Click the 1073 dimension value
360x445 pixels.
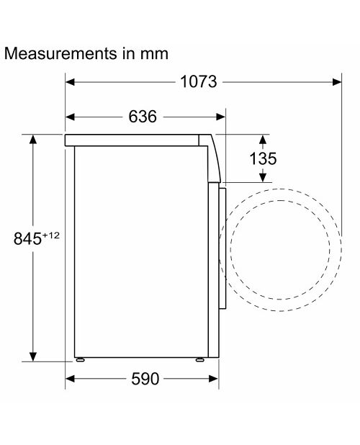(199, 82)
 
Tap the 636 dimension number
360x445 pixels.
(143, 117)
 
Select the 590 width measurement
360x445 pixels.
(145, 379)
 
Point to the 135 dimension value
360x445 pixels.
(263, 158)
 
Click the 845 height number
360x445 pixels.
(27, 238)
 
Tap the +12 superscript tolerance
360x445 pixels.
(51, 235)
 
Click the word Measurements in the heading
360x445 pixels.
(60, 53)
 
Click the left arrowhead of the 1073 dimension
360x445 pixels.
(70, 82)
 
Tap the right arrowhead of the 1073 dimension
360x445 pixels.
(337, 82)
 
